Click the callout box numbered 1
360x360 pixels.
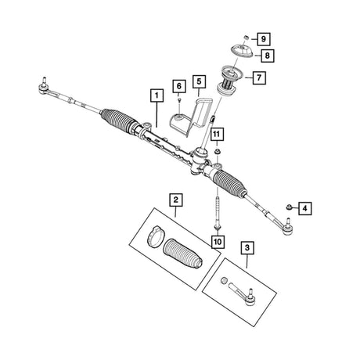[157, 95]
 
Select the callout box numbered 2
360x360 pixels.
[176, 200]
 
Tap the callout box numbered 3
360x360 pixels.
[247, 247]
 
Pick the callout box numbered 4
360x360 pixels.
[305, 208]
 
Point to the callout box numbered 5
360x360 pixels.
[199, 81]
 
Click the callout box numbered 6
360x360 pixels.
[179, 86]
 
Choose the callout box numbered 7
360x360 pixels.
[259, 77]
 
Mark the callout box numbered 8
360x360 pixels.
[268, 56]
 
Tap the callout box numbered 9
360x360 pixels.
[263, 39]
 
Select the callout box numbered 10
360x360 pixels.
[218, 242]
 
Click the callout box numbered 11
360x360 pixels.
[216, 135]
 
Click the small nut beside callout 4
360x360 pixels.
[289, 207]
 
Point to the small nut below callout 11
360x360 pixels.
[217, 151]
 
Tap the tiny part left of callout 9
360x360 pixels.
[246, 38]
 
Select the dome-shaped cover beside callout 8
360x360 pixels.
[242, 51]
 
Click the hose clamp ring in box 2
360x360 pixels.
[156, 236]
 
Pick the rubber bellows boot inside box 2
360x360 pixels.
[182, 253]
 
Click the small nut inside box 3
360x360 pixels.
[224, 281]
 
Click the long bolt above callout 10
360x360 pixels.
[217, 212]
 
